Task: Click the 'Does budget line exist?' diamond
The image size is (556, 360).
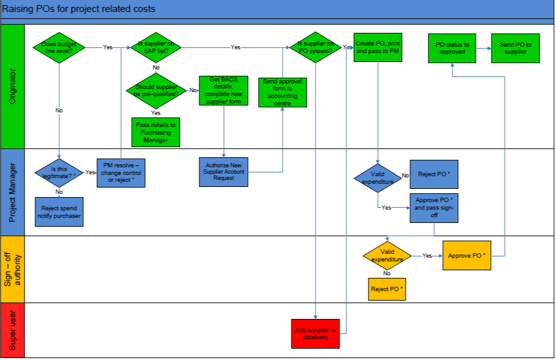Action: [x=59, y=47]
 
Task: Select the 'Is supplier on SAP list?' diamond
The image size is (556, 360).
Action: [x=156, y=47]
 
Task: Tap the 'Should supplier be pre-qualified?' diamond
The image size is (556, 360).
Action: [x=156, y=90]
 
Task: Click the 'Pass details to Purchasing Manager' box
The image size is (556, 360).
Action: [x=156, y=132]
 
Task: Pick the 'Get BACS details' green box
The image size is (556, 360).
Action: [x=224, y=90]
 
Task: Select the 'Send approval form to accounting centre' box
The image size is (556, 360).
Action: [x=282, y=92]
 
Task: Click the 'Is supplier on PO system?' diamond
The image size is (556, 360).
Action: [x=316, y=47]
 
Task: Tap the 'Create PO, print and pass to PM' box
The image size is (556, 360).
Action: [x=377, y=48]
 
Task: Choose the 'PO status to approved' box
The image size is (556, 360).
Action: [x=452, y=48]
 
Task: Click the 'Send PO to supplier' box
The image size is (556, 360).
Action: [x=516, y=48]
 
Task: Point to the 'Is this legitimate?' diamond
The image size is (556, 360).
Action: [x=59, y=172]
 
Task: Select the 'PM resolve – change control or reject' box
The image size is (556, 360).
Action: [x=120, y=172]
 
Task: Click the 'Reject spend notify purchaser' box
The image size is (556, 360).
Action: [x=59, y=212]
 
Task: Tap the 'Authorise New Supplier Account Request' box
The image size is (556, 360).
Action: [x=224, y=171]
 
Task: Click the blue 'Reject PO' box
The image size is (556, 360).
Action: [x=434, y=174]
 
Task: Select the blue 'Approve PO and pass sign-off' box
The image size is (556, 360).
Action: [x=434, y=208]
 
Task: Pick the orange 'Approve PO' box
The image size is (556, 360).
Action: [x=466, y=256]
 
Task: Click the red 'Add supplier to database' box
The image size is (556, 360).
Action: [x=316, y=333]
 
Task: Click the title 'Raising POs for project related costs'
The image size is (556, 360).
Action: [x=79, y=9]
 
